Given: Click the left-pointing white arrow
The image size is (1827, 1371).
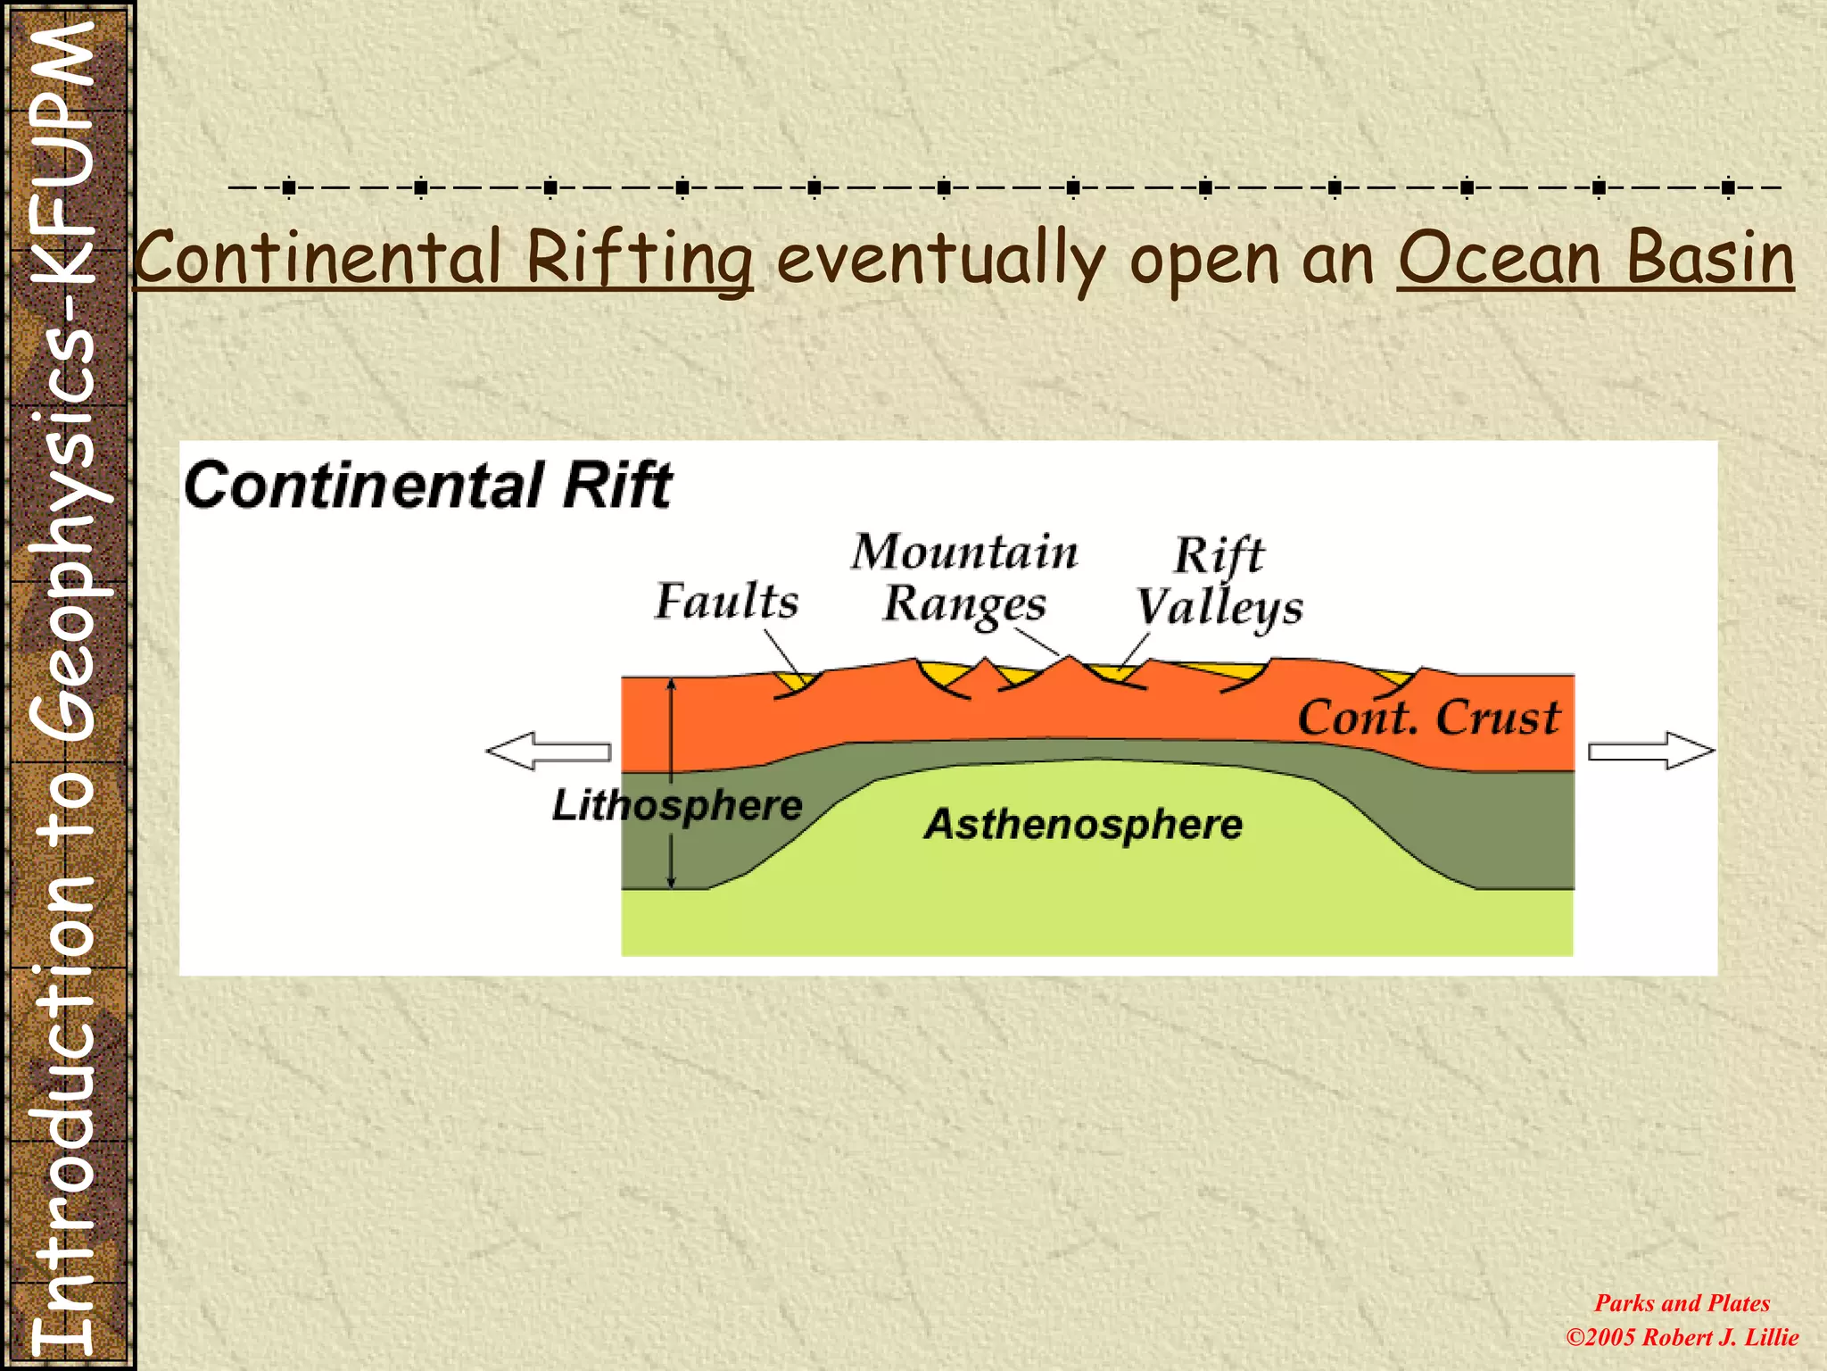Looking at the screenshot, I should pos(549,751).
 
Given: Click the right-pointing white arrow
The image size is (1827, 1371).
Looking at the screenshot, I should pos(1651,751).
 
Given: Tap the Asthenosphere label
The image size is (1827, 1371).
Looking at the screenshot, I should pos(1083,824).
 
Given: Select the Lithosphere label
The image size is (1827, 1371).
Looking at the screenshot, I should pos(677,805).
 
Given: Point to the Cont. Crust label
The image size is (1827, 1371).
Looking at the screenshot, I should pos(1428,718).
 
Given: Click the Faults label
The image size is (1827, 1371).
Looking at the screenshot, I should pos(726,601).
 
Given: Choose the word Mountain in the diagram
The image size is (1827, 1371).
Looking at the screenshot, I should pos(964,552).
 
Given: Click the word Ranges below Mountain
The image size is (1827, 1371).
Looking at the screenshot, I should pos(964,605).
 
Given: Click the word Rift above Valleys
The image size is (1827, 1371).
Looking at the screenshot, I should pos(1219,555).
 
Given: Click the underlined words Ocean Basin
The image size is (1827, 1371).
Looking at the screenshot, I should pos(1595,259).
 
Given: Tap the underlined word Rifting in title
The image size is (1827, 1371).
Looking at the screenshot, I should pos(639,259).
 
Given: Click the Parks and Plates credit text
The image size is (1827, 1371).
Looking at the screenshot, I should pos(1682,1303).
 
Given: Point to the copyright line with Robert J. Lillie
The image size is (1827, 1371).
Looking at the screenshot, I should pos(1682,1337).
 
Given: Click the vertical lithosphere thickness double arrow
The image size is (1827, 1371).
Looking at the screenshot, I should pos(672,783).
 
